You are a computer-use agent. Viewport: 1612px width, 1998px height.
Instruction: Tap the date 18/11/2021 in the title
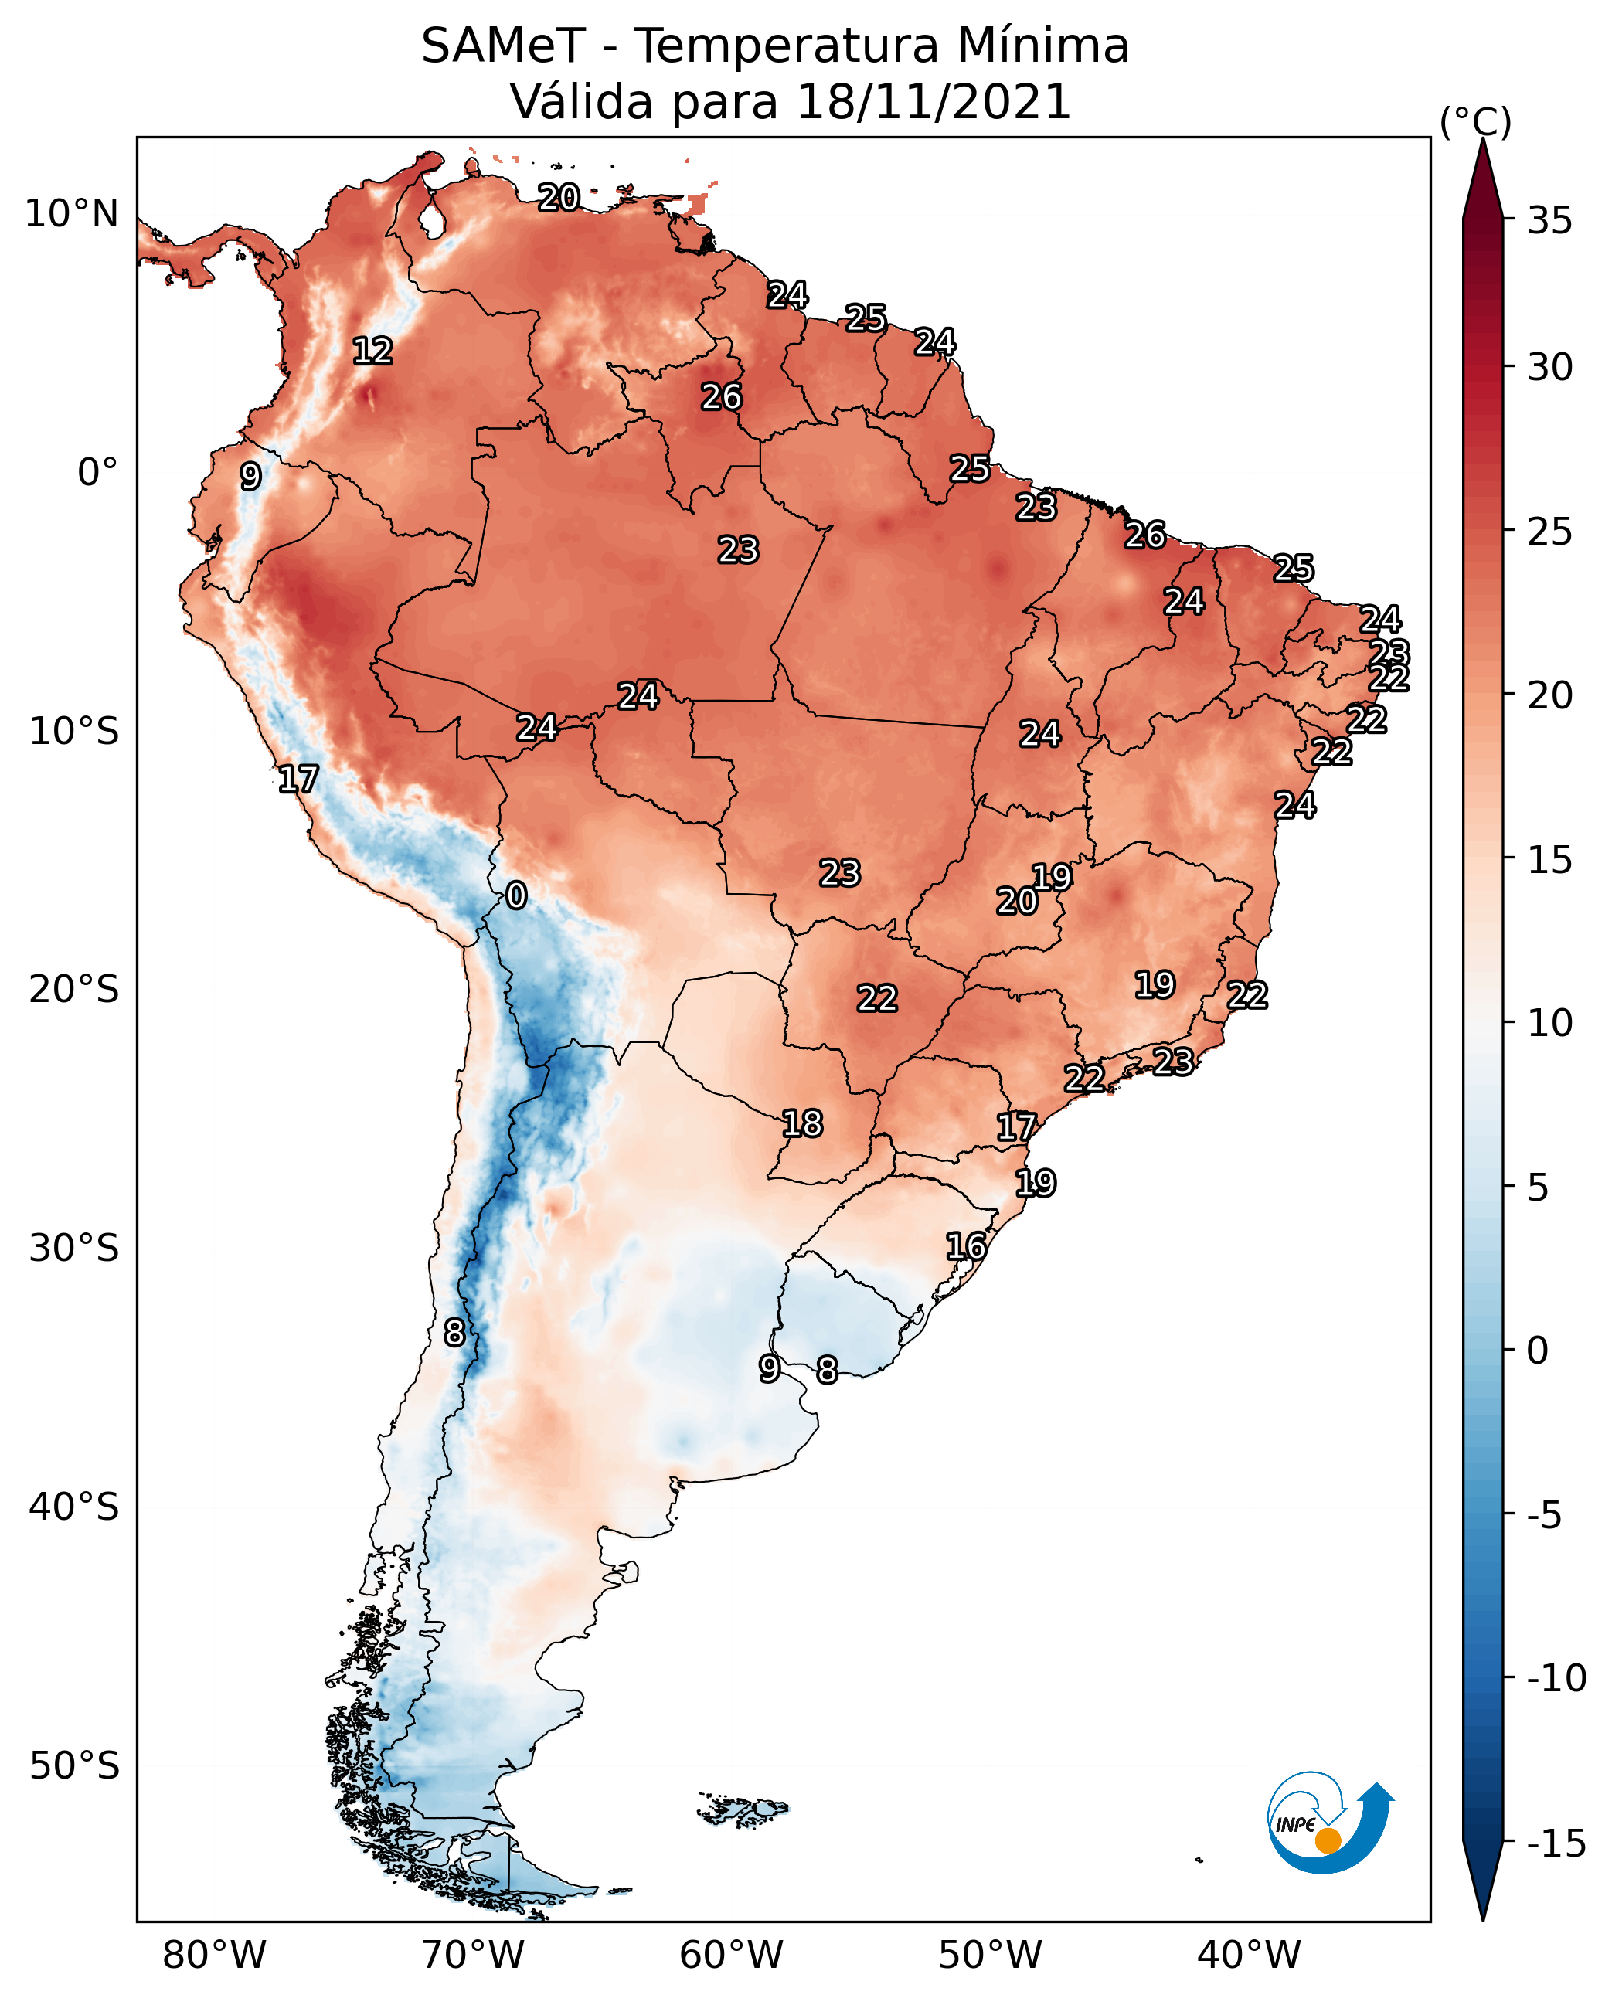pos(934,101)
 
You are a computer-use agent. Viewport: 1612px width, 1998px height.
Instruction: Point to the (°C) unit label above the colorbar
pos(1475,121)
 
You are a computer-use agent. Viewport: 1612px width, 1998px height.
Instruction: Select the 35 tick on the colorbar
pos(1549,220)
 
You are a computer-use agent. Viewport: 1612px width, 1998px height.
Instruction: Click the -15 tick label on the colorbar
pos(1556,1843)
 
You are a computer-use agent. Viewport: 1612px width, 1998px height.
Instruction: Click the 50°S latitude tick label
pos(74,1765)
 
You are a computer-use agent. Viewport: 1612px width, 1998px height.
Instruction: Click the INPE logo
pos(1330,1823)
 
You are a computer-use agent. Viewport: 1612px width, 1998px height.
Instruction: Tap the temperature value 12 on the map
pos(373,351)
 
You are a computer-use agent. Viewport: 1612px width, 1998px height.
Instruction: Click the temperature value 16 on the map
pos(967,1246)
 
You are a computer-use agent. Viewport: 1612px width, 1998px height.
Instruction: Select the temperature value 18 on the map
pos(802,1123)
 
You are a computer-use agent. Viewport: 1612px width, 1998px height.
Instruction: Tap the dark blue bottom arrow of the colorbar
pos(1483,1880)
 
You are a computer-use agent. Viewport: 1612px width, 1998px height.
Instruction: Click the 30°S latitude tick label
pos(74,1248)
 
